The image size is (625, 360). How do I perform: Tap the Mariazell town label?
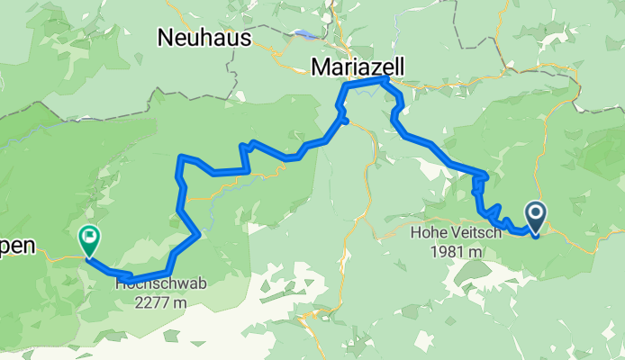click(x=358, y=67)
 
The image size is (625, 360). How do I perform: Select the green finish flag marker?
click(x=89, y=240)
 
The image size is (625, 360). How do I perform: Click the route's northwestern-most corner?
click(x=182, y=157)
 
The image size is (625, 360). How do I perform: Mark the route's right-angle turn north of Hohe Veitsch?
click(x=485, y=174)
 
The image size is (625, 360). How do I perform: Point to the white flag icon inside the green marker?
click(x=89, y=238)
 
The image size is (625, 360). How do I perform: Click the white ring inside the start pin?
click(x=535, y=213)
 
